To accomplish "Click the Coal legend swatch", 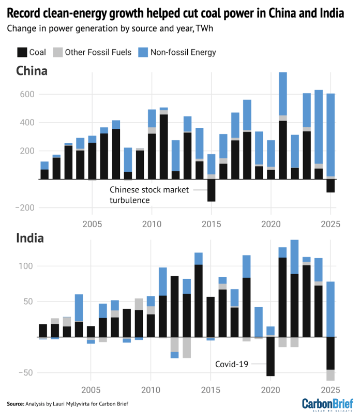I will [x=23, y=52].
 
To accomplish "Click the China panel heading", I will [x=32, y=71].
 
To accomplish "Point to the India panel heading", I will [x=29, y=238].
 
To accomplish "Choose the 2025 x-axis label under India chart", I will [x=330, y=389].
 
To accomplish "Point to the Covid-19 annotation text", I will [x=232, y=364].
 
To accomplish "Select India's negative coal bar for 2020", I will [x=271, y=356].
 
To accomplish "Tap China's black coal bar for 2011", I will [x=163, y=147].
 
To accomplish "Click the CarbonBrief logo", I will [x=327, y=404].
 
